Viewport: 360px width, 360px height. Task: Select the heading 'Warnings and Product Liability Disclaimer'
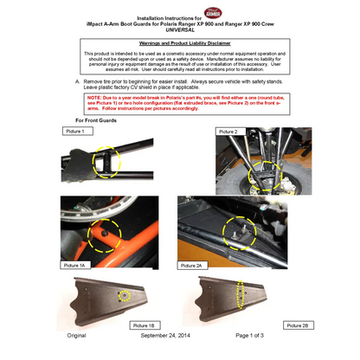[180, 42]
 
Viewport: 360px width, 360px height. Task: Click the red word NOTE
[95, 98]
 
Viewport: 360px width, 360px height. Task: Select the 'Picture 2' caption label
[228, 131]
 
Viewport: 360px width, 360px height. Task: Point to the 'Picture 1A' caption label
[75, 264]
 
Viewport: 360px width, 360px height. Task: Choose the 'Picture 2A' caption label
[194, 265]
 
